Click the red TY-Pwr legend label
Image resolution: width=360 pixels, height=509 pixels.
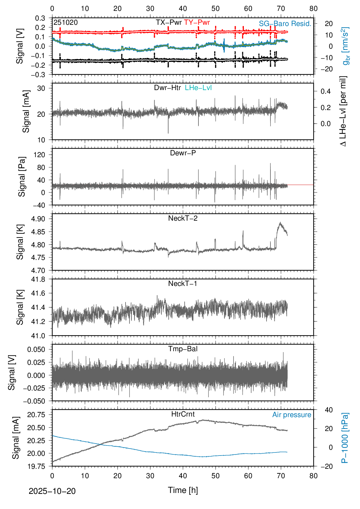pyautogui.click(x=197, y=22)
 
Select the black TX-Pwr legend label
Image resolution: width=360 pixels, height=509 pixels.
pyautogui.click(x=169, y=22)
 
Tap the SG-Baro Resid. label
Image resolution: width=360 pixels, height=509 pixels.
pyautogui.click(x=285, y=24)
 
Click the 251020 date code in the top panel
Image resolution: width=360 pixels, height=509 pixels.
pyautogui.click(x=66, y=23)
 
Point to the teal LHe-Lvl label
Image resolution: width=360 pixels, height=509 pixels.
pyautogui.click(x=198, y=88)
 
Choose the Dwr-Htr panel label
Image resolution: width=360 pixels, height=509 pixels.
pyautogui.click(x=167, y=88)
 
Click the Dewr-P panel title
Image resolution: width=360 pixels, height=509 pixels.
pyautogui.click(x=183, y=153)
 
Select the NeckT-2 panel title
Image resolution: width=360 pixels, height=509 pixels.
pyautogui.click(x=183, y=218)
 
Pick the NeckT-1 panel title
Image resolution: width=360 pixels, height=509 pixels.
pyautogui.click(x=183, y=284)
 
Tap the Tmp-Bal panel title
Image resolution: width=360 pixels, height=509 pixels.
pyautogui.click(x=183, y=349)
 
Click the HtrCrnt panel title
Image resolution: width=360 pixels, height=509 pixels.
pyautogui.click(x=183, y=414)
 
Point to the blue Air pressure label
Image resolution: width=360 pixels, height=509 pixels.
pyautogui.click(x=292, y=415)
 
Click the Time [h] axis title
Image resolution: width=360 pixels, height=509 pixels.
pyautogui.click(x=183, y=490)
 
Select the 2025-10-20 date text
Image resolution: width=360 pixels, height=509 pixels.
pyautogui.click(x=52, y=491)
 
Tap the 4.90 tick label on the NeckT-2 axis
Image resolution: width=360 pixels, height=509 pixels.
pyautogui.click(x=38, y=219)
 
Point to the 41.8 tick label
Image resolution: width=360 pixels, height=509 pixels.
pyautogui.click(x=38, y=279)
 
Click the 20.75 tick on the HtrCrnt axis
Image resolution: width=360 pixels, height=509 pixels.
pyautogui.click(x=36, y=415)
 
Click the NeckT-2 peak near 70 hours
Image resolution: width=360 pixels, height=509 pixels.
pyautogui.click(x=280, y=223)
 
